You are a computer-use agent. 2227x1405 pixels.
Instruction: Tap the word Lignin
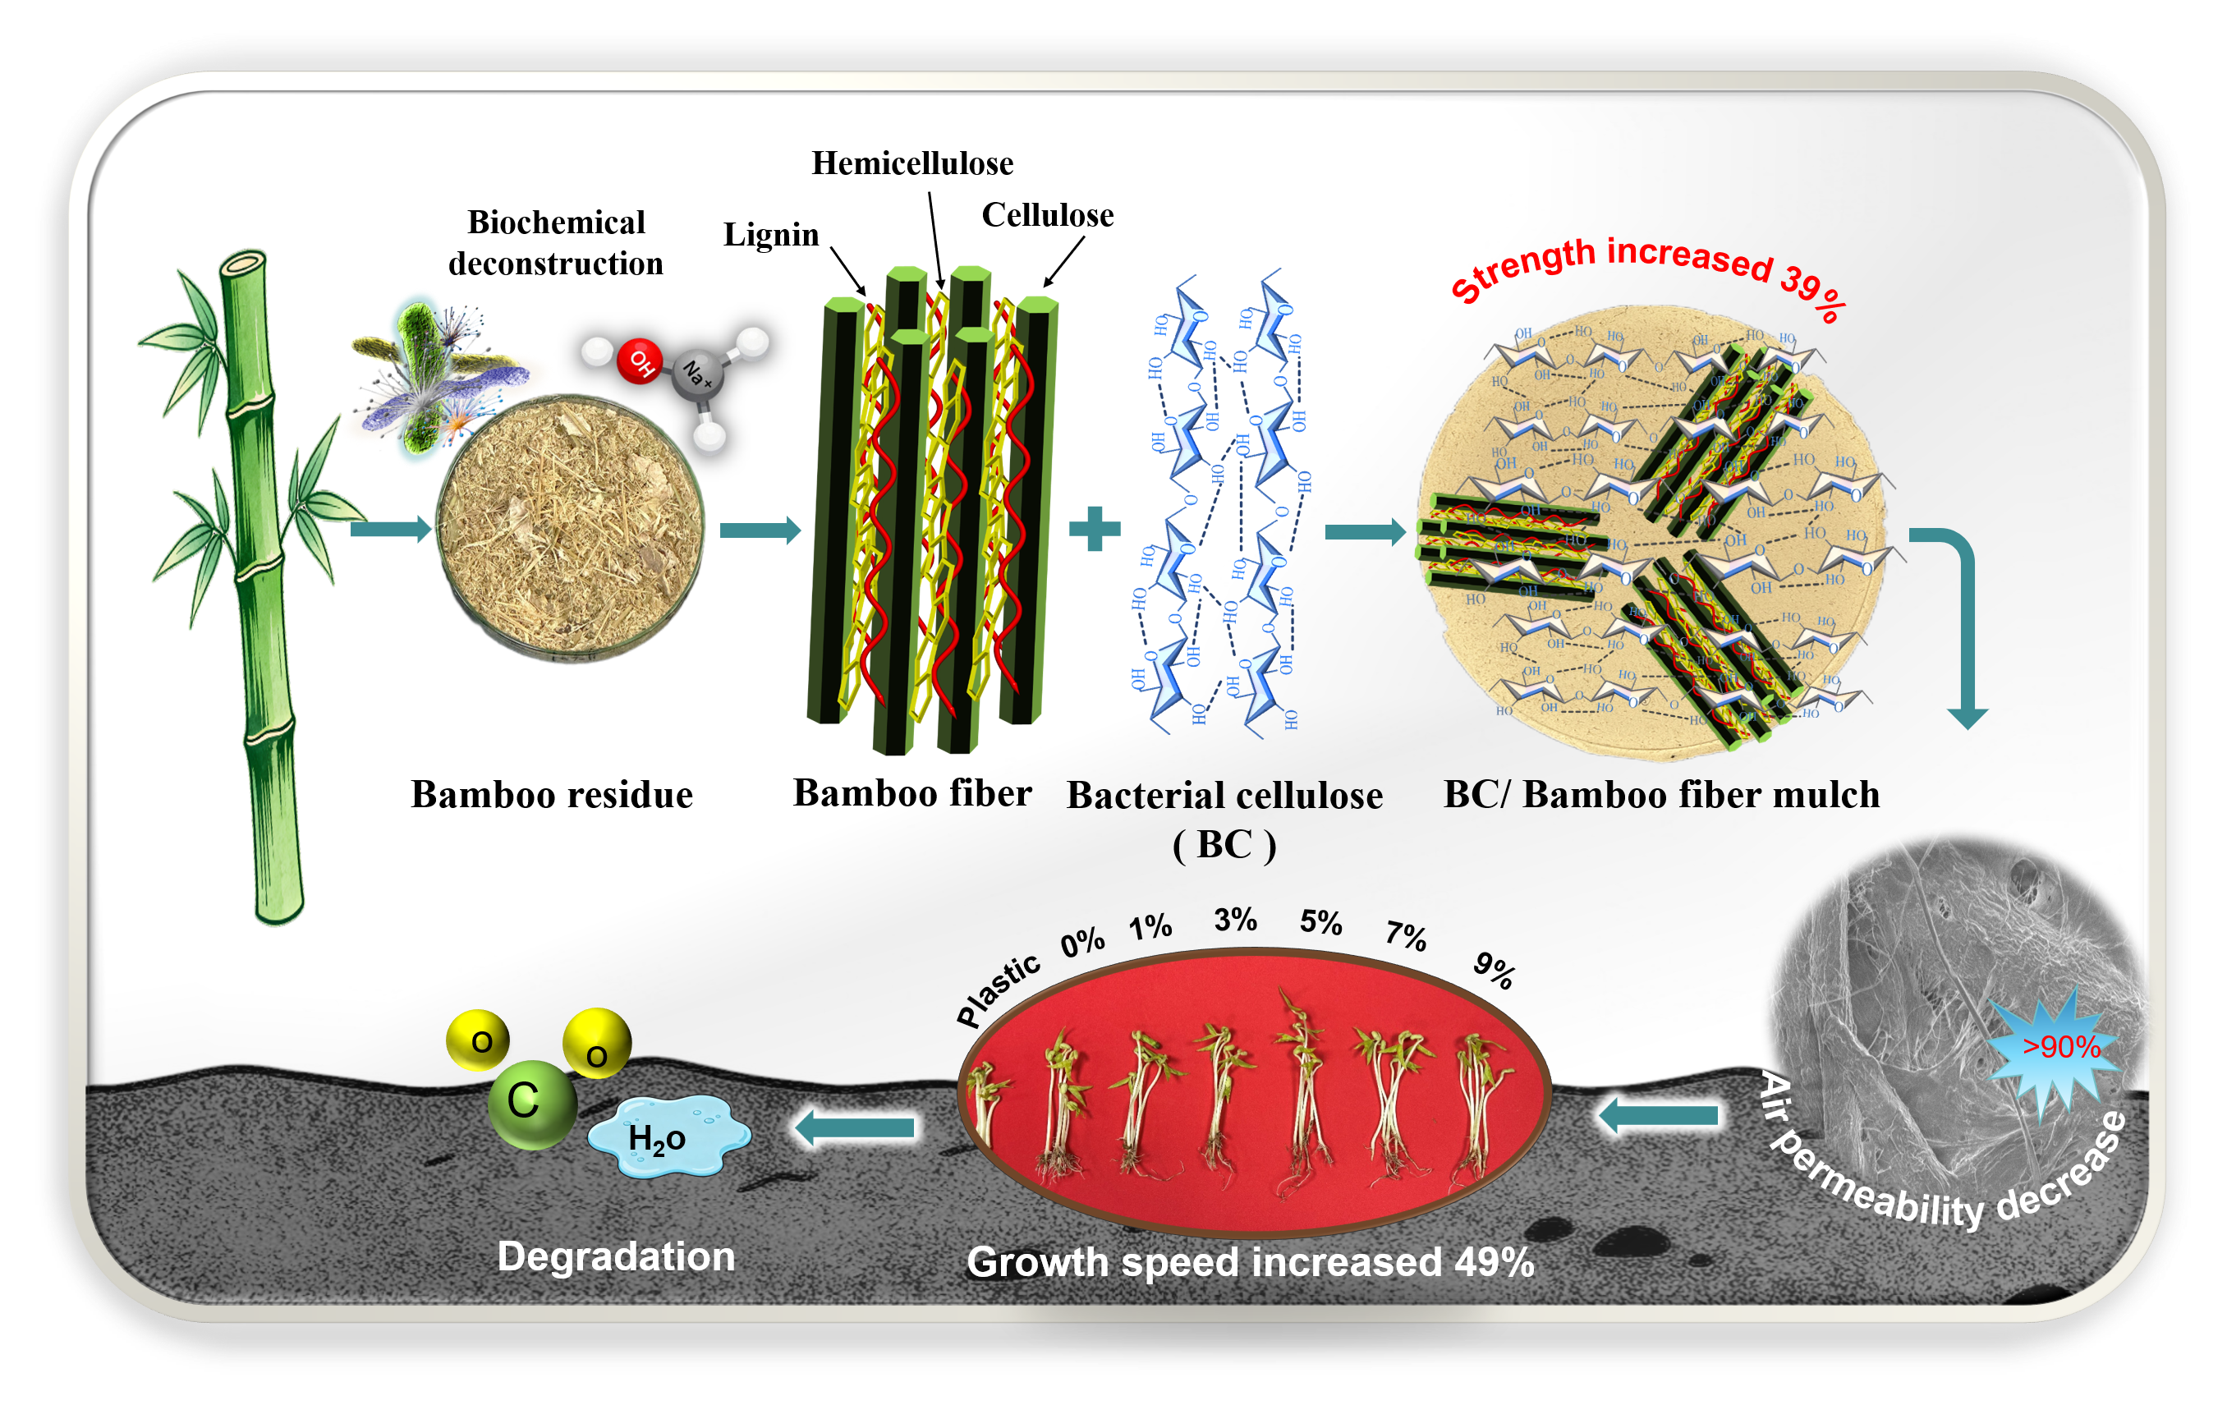coord(770,235)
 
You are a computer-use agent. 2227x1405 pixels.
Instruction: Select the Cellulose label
coord(1047,215)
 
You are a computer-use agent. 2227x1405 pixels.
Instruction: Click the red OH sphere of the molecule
coord(639,360)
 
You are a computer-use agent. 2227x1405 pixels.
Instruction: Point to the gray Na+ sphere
coord(697,375)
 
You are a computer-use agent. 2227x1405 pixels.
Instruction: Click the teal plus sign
coord(1094,529)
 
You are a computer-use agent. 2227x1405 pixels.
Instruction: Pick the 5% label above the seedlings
coord(1320,922)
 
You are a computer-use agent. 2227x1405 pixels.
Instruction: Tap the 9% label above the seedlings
coord(1494,971)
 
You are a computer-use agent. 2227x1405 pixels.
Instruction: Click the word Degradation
coord(616,1257)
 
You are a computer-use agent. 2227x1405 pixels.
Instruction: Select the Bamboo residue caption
coord(551,795)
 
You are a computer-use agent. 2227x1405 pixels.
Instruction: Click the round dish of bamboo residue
coord(570,528)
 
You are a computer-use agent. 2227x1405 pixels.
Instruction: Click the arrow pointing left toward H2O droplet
coord(855,1127)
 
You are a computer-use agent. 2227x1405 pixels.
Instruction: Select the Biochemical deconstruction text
coord(556,242)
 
